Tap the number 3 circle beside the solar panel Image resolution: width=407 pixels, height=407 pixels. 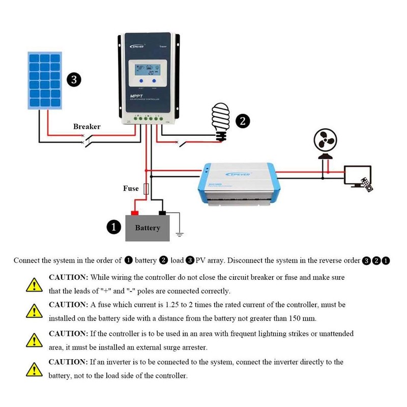tap(74, 80)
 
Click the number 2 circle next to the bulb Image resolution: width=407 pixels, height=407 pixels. tap(243, 121)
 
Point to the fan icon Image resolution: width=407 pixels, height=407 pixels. tap(323, 142)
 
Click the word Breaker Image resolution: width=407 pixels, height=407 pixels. tap(86, 126)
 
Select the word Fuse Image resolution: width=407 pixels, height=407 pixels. tap(131, 188)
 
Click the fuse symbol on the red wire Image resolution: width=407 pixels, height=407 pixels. tap(147, 189)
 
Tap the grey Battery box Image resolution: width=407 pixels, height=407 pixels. tap(148, 227)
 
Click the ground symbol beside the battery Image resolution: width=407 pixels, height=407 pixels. tap(179, 235)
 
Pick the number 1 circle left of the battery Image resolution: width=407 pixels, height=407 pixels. tap(114, 227)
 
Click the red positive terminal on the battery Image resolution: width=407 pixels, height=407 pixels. tap(135, 212)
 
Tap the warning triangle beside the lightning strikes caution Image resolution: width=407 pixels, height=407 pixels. tap(34, 339)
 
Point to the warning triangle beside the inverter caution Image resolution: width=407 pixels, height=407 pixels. tap(34, 368)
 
